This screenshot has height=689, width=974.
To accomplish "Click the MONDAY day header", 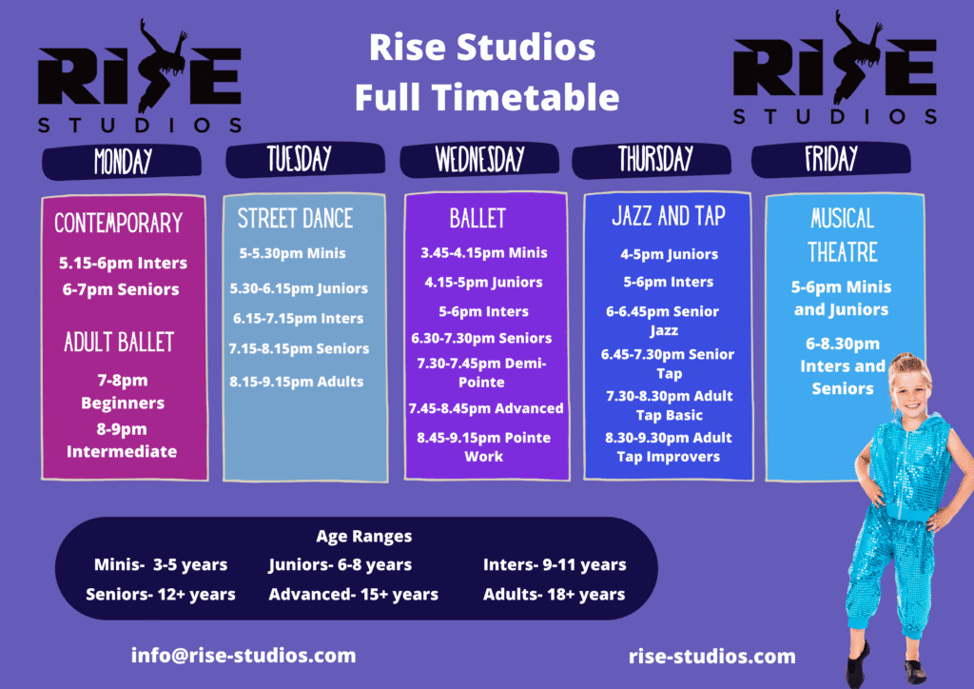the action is (122, 162).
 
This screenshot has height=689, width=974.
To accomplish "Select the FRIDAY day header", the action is (831, 160).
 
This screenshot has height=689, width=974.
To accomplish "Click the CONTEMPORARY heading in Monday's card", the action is (119, 223).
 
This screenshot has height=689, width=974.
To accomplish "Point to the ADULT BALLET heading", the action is (119, 343).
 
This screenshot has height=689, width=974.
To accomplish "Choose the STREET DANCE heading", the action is (295, 219).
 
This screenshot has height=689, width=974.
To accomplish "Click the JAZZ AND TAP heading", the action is (669, 216).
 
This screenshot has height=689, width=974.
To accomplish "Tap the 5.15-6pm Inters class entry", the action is (123, 263).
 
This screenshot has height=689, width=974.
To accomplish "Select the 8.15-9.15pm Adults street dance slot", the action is (297, 382).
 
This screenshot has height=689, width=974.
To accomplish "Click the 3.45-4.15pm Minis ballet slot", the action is (484, 253).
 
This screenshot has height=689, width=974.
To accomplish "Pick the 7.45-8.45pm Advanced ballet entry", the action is (486, 408).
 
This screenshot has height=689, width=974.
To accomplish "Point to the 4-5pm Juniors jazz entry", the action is (669, 254).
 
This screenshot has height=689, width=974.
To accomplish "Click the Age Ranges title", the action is (364, 536).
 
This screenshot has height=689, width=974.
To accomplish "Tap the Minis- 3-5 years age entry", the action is (161, 564).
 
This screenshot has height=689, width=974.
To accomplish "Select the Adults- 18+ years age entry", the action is (555, 595).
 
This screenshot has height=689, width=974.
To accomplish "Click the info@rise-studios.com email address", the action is (243, 656).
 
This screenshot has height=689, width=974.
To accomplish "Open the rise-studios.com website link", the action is (711, 657).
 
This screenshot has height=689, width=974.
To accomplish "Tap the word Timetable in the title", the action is (525, 97).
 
